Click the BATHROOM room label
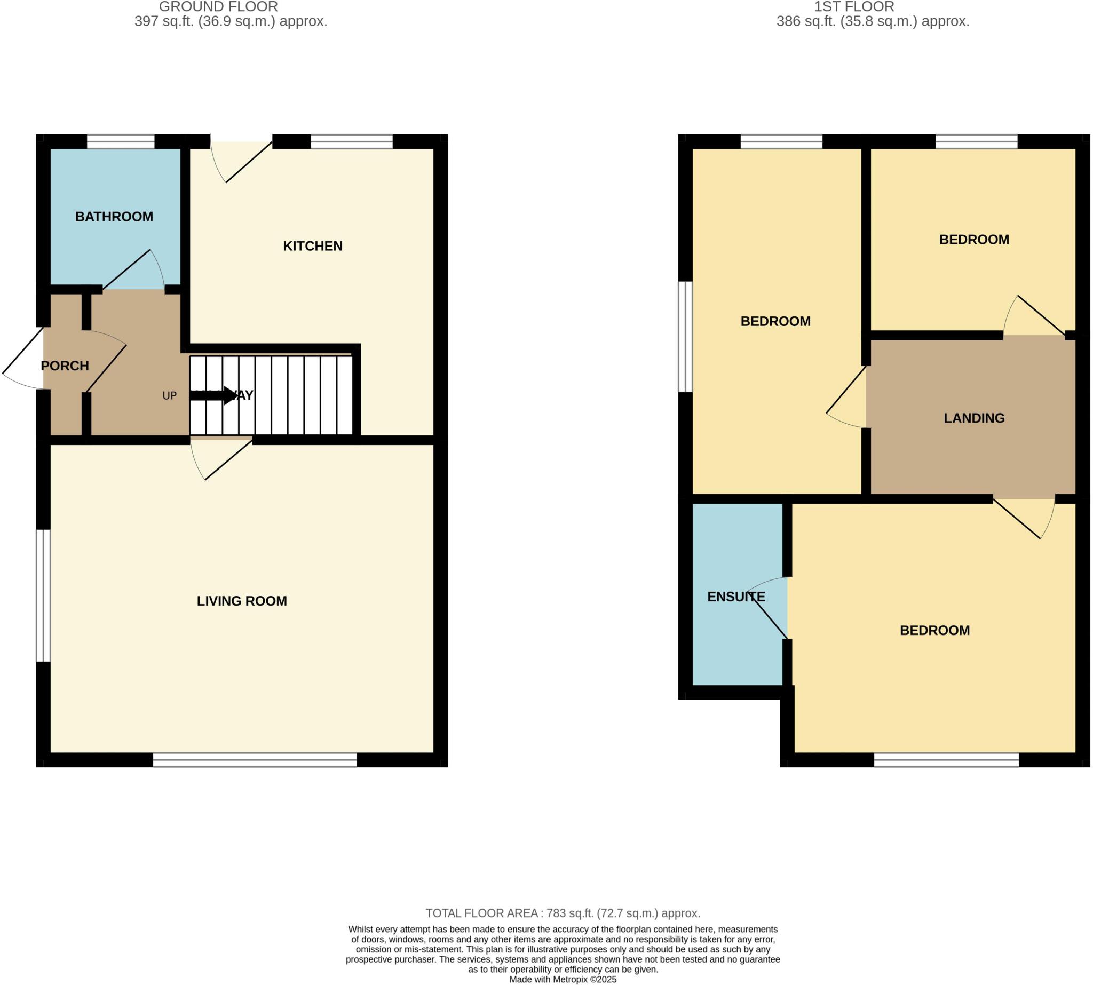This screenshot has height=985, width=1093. click(x=114, y=217)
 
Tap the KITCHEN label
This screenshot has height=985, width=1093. click(x=312, y=247)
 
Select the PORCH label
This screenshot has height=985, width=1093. click(x=65, y=366)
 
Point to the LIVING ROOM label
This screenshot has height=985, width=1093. click(x=241, y=601)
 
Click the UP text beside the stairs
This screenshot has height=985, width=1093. click(x=169, y=395)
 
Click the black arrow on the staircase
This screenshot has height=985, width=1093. click(x=214, y=395)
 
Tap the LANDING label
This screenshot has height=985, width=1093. click(x=973, y=418)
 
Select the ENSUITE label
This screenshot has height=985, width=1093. click(x=736, y=597)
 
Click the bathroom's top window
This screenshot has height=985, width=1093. click(x=120, y=142)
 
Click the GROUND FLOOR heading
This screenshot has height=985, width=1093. click(x=218, y=7)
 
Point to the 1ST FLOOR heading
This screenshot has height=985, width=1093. click(x=854, y=7)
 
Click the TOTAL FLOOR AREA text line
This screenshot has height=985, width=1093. click(x=563, y=913)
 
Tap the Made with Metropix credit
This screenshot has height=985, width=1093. click(x=563, y=979)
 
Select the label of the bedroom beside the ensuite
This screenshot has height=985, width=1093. click(x=934, y=631)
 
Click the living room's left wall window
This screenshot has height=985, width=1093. click(x=43, y=595)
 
